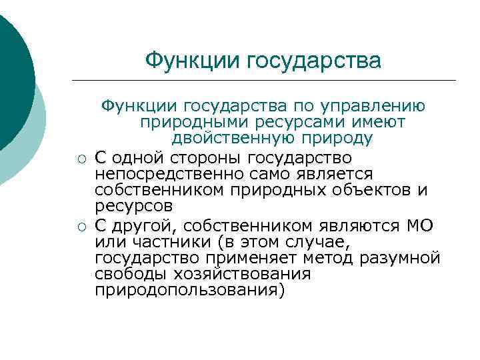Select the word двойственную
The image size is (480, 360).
[x=223, y=139]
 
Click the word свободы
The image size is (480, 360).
[x=131, y=274]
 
